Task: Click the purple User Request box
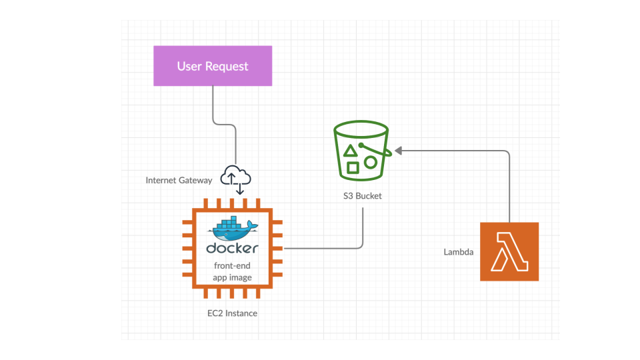tap(213, 65)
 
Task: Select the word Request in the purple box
tap(227, 66)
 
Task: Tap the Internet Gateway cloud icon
tap(237, 175)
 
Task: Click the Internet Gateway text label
tap(179, 180)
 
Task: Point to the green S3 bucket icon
tap(361, 152)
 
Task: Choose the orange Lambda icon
tap(509, 251)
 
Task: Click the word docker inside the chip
tap(232, 249)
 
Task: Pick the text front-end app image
tap(232, 271)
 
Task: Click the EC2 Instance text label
tap(232, 313)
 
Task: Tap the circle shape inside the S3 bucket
tap(371, 162)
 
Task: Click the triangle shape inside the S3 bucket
tap(348, 151)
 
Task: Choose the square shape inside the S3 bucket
tap(352, 167)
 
